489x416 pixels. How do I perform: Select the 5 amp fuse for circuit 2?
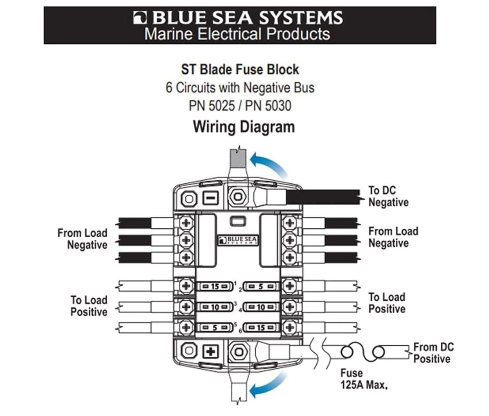(261, 286)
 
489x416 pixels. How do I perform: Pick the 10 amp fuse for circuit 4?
(261, 307)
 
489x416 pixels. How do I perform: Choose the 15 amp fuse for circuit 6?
(261, 328)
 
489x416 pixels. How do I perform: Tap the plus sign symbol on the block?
(211, 351)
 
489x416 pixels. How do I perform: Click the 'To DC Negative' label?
(388, 196)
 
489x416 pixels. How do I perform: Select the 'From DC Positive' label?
(433, 353)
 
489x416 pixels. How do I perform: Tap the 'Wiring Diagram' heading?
(244, 127)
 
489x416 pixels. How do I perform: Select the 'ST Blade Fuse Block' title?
(240, 69)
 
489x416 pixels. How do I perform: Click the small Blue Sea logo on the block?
(238, 240)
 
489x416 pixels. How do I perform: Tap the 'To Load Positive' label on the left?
(89, 306)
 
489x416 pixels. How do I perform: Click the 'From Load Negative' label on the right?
(393, 237)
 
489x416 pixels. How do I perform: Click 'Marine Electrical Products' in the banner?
(237, 34)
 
